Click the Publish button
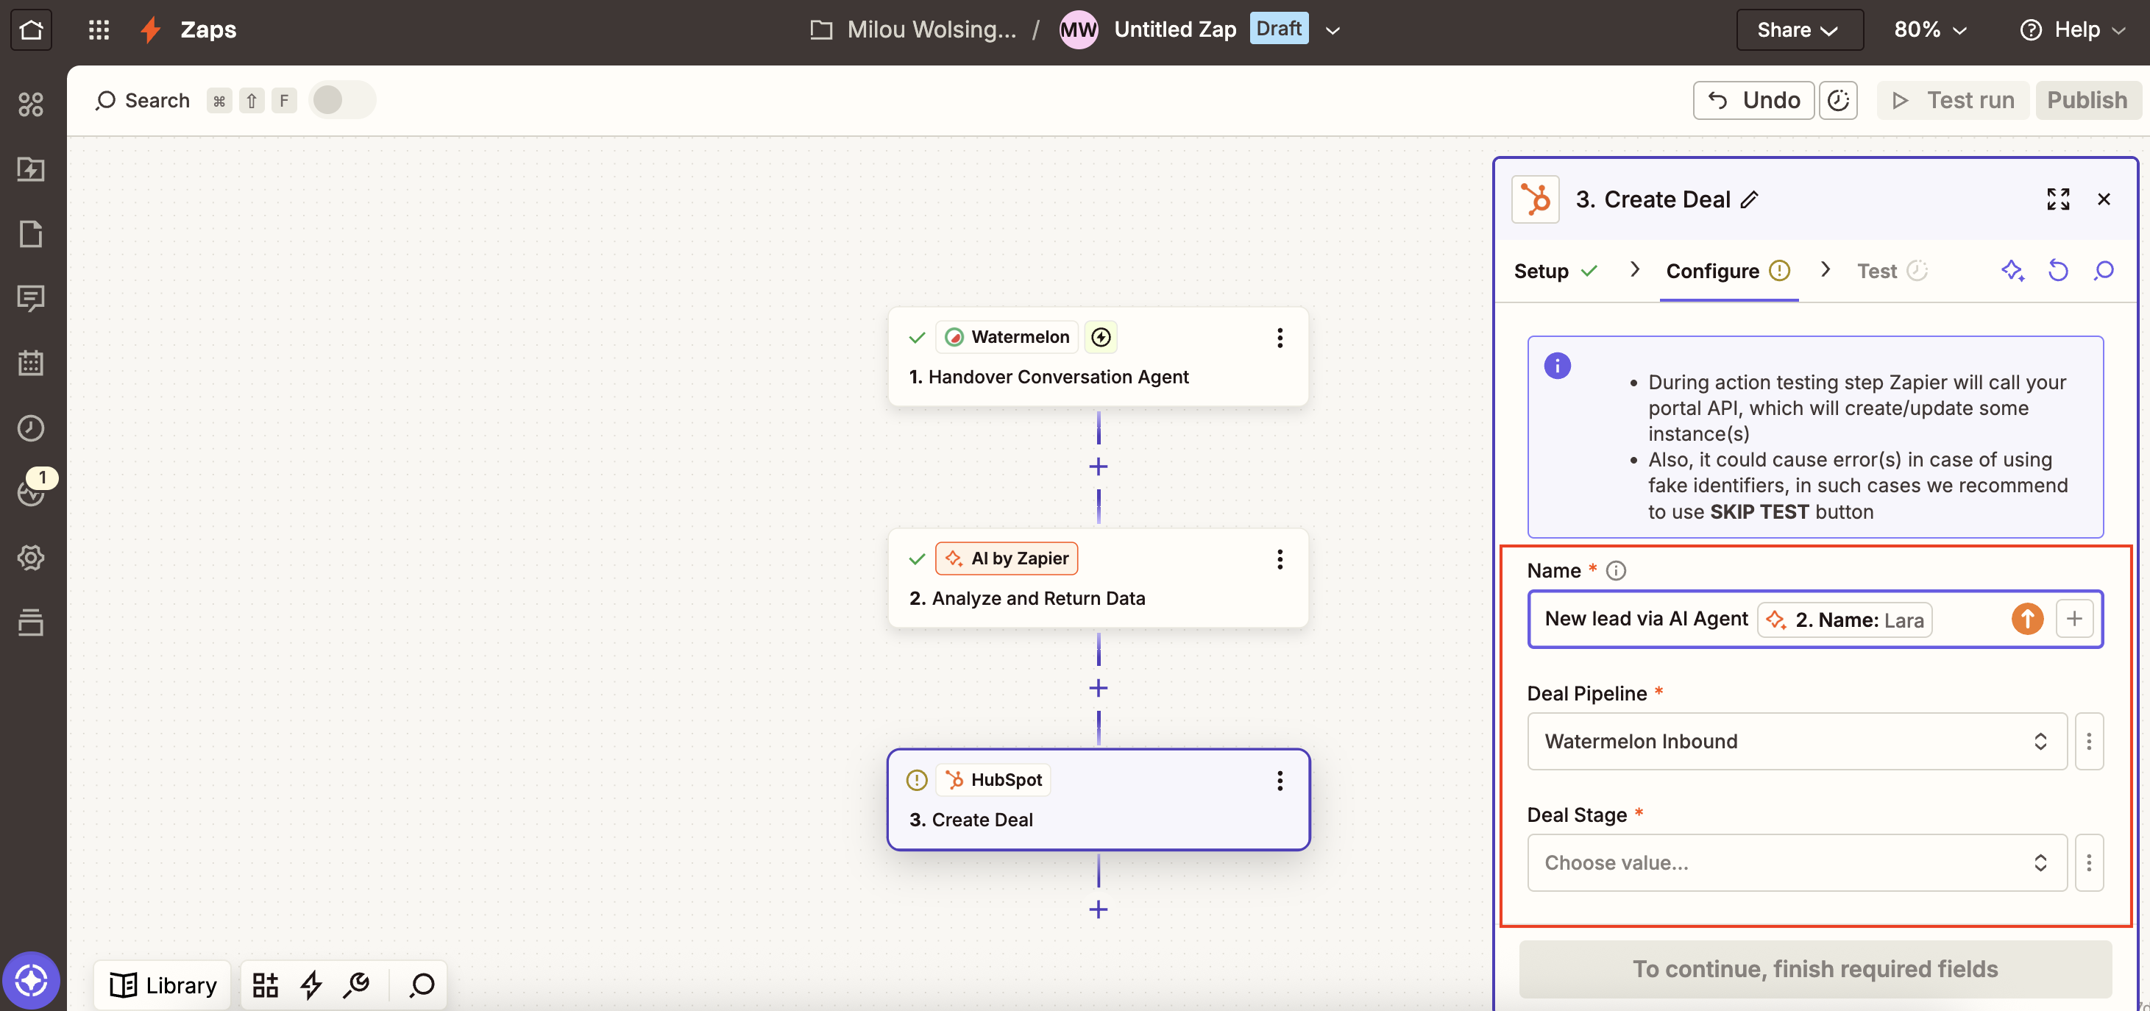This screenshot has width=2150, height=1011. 2087,100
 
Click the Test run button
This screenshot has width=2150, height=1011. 1953,100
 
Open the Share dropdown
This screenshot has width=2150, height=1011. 1798,30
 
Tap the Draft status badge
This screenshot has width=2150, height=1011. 1278,29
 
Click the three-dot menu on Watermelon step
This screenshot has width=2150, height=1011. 1280,338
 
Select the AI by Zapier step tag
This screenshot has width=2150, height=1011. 1007,558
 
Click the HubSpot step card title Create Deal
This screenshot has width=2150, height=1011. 982,820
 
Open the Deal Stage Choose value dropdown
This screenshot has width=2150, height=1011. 1796,862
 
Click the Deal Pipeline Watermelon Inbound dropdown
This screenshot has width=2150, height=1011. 1796,742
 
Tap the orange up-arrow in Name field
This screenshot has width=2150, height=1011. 2026,619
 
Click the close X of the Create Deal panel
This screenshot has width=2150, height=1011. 2103,199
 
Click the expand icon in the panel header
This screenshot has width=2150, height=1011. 2057,199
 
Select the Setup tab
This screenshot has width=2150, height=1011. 1541,272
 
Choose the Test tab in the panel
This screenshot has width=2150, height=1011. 1877,272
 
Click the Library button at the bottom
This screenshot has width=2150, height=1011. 163,985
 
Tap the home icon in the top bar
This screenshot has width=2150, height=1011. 31,30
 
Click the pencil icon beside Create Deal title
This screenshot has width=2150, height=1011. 1750,199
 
